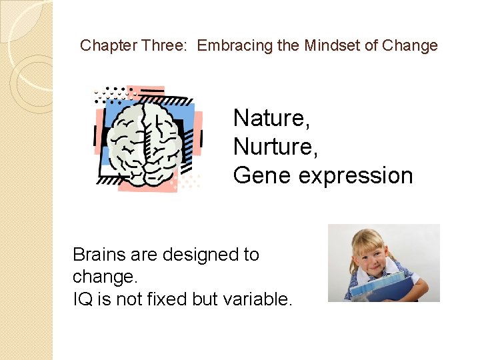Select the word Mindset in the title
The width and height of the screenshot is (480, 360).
click(x=331, y=45)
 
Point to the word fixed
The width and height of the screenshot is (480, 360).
click(x=168, y=299)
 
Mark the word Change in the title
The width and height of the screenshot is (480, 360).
click(x=411, y=45)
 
